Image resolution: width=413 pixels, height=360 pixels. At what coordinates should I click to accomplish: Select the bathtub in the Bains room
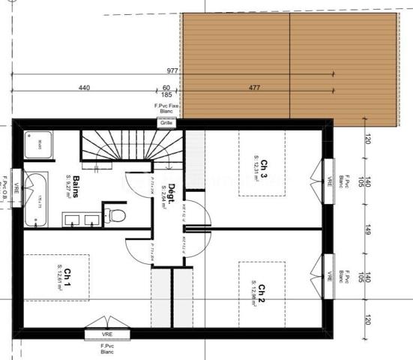click(x=34, y=199)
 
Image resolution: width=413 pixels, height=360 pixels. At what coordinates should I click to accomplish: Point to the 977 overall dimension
click(x=172, y=70)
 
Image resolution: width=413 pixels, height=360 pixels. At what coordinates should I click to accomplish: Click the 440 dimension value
click(x=84, y=88)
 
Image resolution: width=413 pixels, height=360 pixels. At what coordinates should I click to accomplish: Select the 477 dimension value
click(x=255, y=88)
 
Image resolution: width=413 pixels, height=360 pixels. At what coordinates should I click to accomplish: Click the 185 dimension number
click(x=166, y=96)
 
